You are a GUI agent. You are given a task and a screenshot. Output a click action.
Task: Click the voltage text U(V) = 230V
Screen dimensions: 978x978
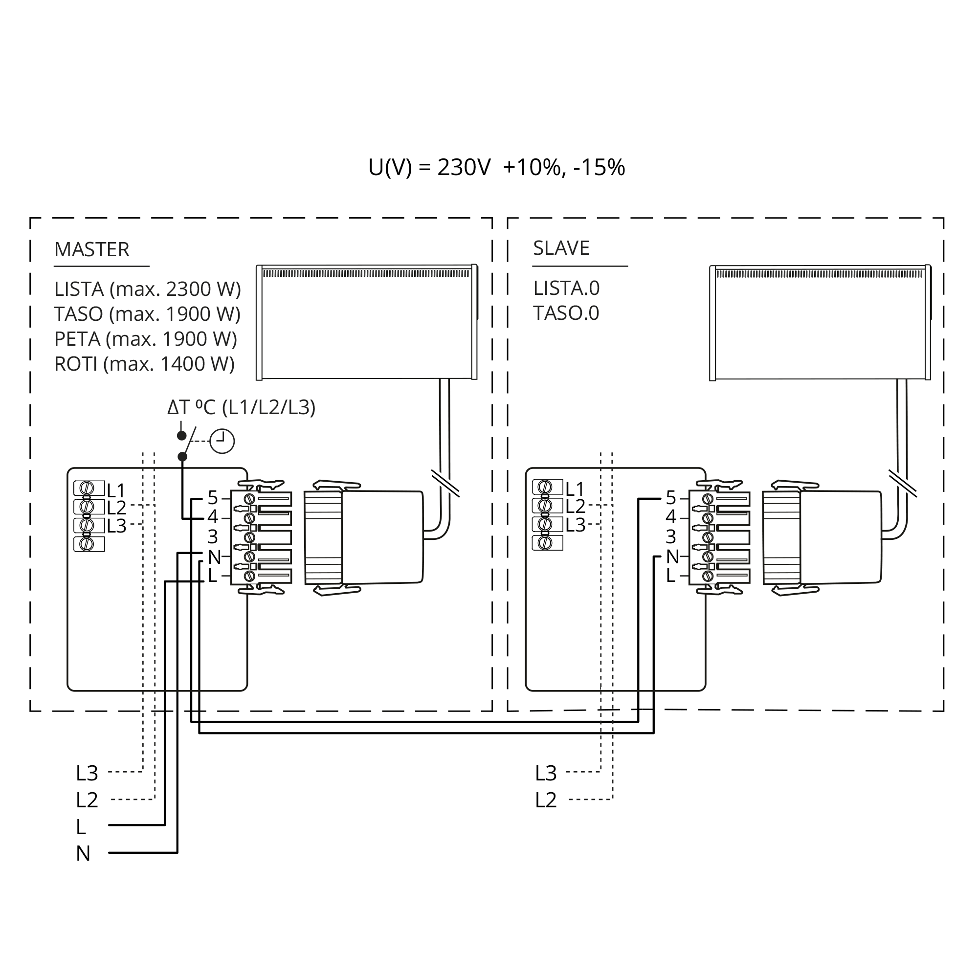coord(429,168)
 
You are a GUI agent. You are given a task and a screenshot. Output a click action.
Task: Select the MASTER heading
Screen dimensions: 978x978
coord(91,249)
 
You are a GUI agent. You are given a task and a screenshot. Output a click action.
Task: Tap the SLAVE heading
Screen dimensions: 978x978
coord(561,248)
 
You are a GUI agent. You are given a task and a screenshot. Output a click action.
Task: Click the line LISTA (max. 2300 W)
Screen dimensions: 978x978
coord(147,289)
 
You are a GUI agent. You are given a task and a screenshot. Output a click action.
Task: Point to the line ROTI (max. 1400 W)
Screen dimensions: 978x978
coord(144,364)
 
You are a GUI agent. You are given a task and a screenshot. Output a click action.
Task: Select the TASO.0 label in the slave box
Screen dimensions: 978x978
coord(566,313)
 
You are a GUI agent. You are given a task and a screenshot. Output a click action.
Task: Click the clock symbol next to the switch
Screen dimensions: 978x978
coord(222,442)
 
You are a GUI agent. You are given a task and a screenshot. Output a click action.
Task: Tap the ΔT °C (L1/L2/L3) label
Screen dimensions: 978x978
coord(242,407)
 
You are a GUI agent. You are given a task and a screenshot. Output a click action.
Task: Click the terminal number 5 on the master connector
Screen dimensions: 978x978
coord(213,498)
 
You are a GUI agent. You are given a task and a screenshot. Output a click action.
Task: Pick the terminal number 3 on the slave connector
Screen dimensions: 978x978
coord(671,536)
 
